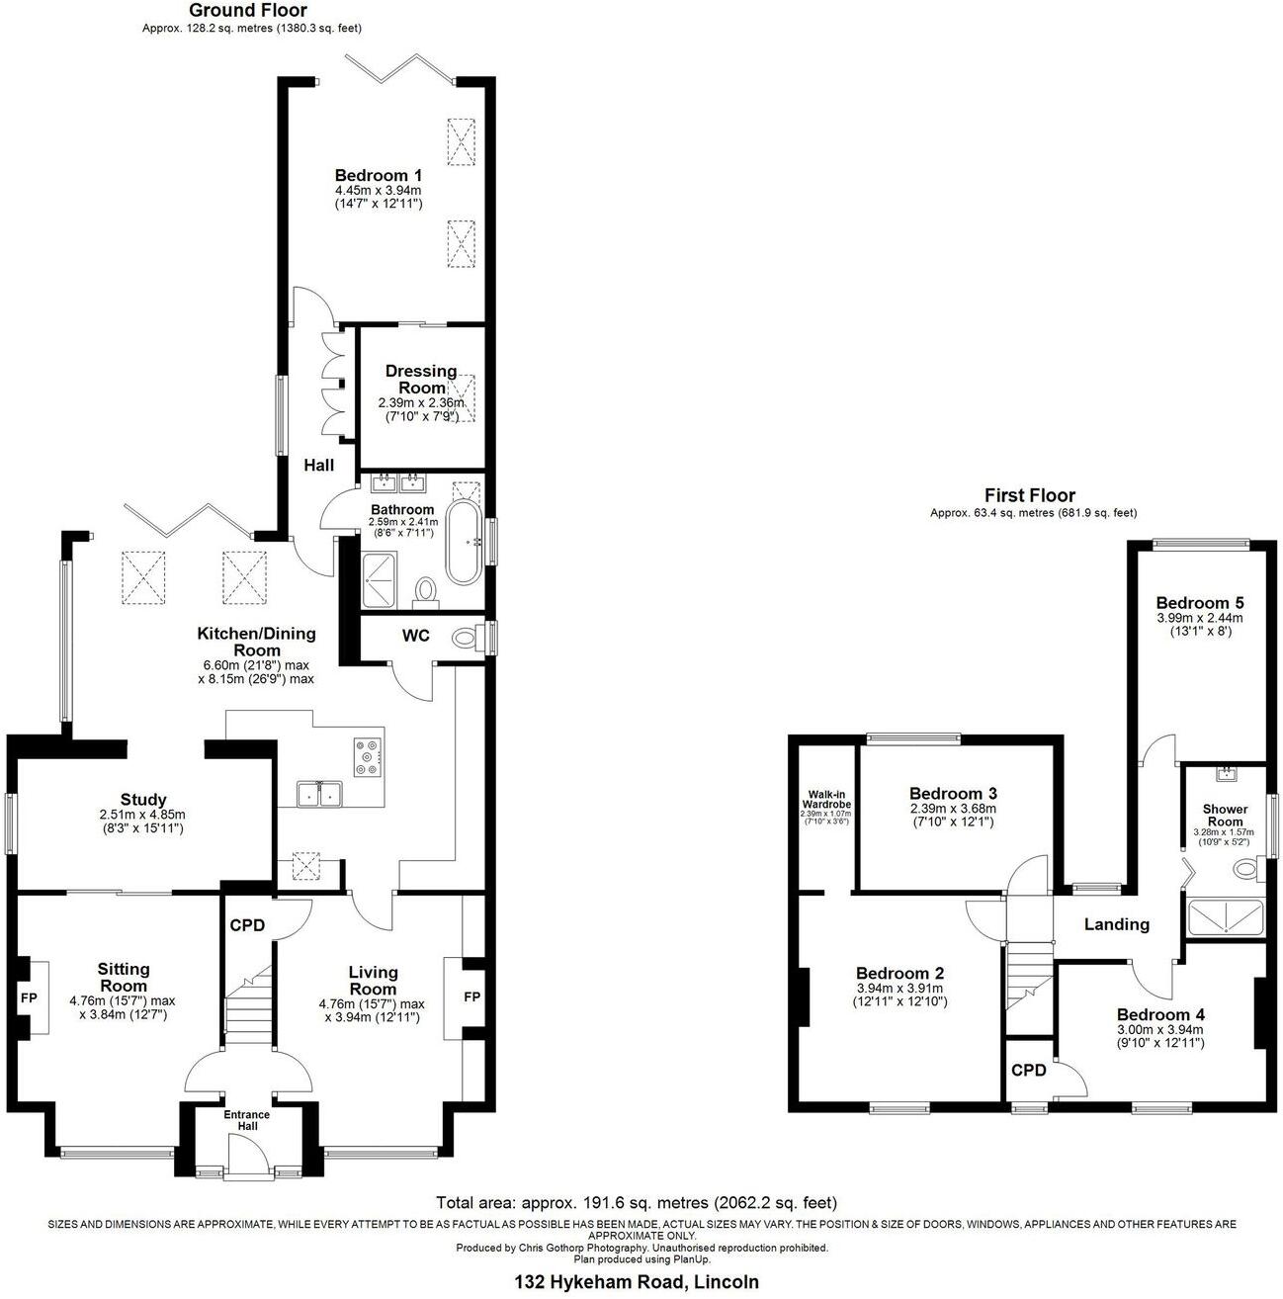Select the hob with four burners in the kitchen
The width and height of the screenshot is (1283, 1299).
[x=367, y=757]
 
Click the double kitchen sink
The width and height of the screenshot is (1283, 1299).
[x=318, y=794]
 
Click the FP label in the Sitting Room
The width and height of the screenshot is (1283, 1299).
[x=28, y=997]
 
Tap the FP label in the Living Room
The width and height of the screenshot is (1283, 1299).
[x=471, y=996]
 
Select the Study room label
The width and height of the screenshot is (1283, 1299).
[x=143, y=799]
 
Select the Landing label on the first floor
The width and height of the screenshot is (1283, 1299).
[x=1117, y=924]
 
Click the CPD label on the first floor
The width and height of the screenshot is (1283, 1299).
[x=1028, y=1070]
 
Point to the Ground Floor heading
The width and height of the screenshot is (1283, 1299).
[x=234, y=11]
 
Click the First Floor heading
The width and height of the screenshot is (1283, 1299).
[x=1029, y=495]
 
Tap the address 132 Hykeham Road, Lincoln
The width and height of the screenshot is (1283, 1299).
[x=637, y=1282]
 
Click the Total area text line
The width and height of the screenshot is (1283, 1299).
[x=637, y=1203]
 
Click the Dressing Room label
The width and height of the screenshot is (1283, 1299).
[x=421, y=380]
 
